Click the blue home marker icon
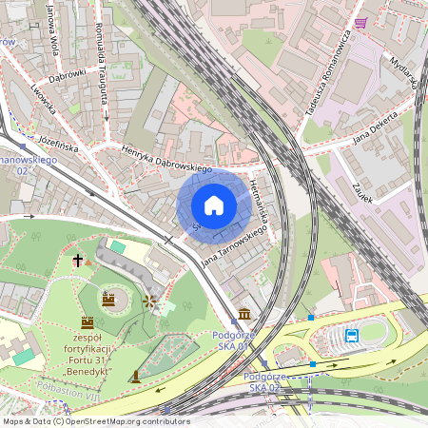(x=214, y=205)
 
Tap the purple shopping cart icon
(x=360, y=23)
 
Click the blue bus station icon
(x=352, y=335)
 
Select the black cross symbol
(x=78, y=260)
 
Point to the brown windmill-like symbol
(x=148, y=302)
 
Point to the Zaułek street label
(x=362, y=192)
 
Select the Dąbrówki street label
(x=68, y=69)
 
